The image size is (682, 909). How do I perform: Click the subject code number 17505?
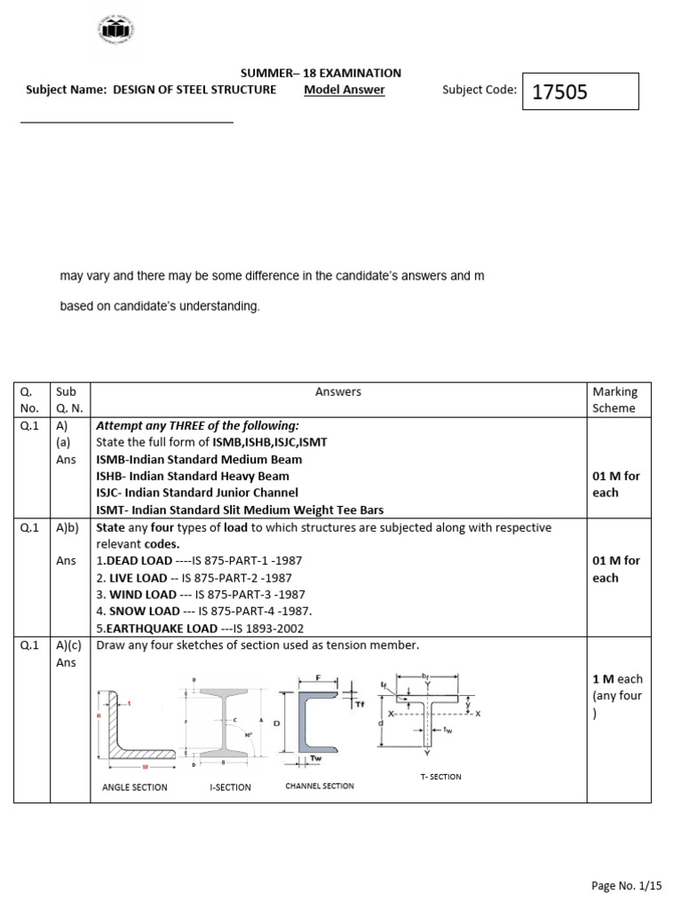click(559, 91)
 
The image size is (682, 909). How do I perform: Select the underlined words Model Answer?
click(344, 90)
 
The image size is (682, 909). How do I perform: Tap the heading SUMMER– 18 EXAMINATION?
click(321, 73)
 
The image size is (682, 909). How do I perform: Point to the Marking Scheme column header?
click(615, 399)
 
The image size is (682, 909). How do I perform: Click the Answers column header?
click(338, 391)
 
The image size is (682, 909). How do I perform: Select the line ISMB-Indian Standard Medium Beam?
click(199, 459)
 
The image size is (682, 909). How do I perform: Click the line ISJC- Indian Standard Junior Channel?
click(197, 492)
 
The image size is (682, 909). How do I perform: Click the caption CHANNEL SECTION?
click(319, 786)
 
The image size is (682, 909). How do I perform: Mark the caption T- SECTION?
click(440, 777)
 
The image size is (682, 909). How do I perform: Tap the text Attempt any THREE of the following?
click(197, 425)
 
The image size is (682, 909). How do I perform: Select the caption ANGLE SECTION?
click(135, 786)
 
